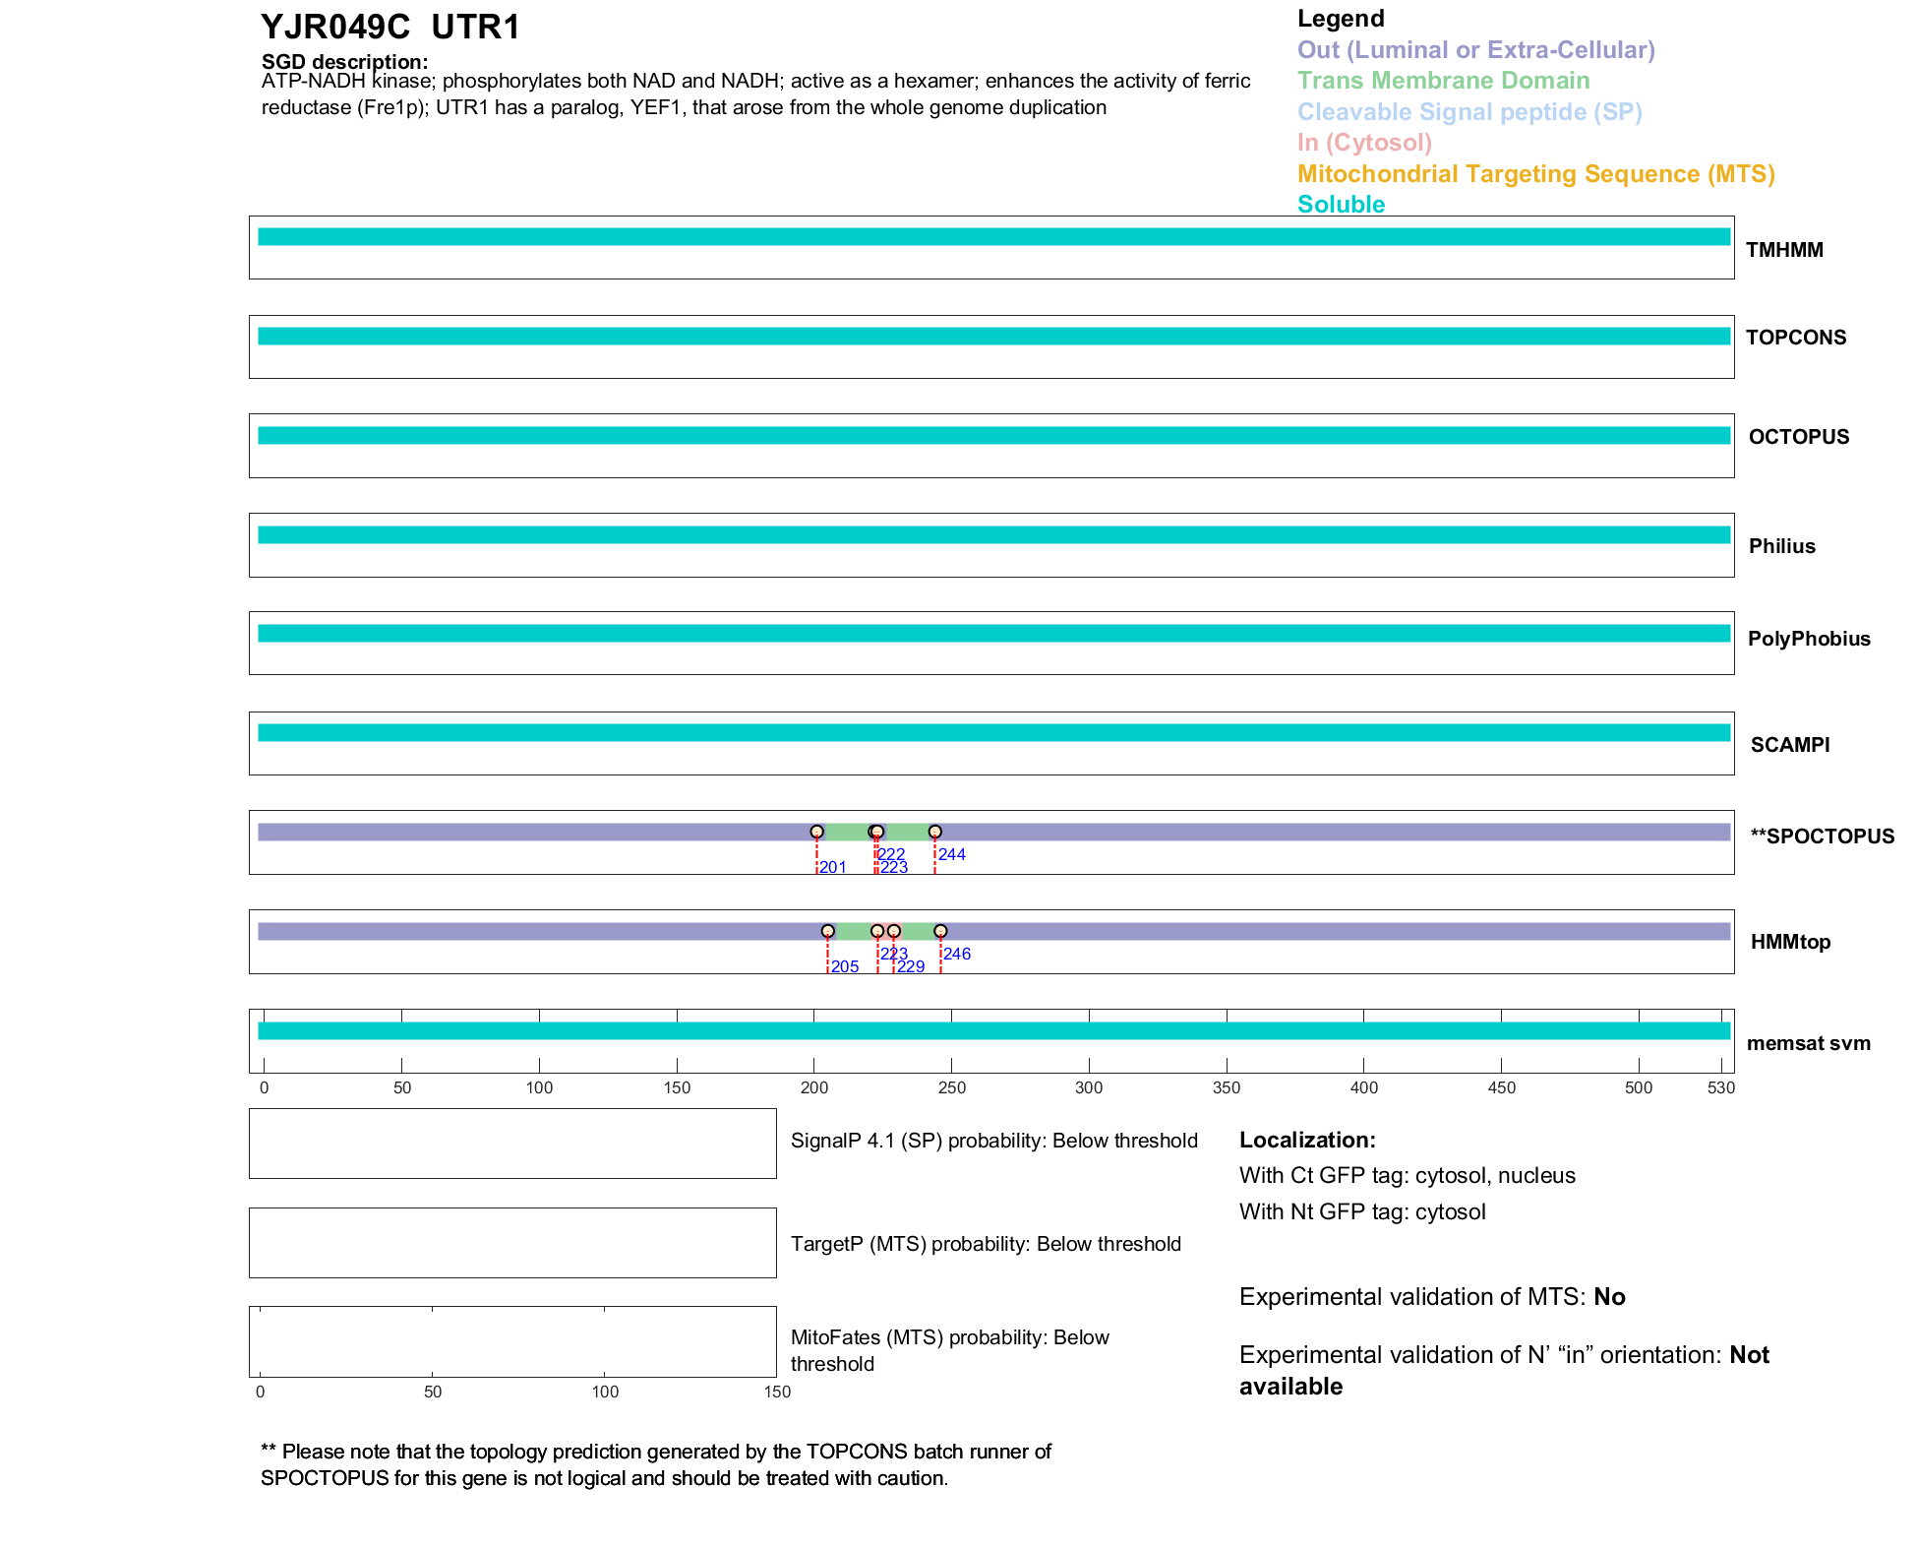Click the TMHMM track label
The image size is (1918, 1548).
(1783, 250)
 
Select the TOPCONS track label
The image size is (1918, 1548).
(1795, 338)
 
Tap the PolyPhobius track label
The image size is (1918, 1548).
(1808, 639)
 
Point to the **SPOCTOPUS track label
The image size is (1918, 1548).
(1822, 836)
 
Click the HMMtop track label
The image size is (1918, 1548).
(1790, 942)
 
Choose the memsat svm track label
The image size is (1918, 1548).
(1808, 1043)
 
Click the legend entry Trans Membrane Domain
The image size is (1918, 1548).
(1443, 81)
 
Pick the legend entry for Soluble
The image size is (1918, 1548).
(1341, 205)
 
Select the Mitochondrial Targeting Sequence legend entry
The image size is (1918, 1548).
(1535, 174)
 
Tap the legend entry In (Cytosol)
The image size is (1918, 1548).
(1364, 143)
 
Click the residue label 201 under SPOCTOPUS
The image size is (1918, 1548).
(832, 867)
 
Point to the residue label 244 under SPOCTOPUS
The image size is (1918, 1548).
(951, 854)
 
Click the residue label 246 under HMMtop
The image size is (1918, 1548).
(956, 954)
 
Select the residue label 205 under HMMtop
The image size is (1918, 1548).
(844, 966)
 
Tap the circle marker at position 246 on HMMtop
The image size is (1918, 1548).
(940, 931)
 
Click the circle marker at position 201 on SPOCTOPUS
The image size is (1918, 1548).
(816, 832)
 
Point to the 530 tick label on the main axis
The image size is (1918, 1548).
(1721, 1087)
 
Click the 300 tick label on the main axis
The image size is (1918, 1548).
(1089, 1087)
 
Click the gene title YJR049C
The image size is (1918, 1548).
(335, 28)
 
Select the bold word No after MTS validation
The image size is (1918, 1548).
(1609, 1297)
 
